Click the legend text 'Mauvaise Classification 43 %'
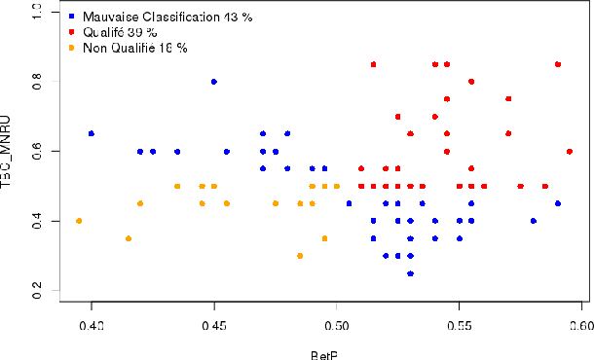pos(147,18)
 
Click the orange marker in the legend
pos(73,47)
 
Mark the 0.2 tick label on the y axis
pos(38,295)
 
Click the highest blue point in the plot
pos(214,82)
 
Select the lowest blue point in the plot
pos(411,273)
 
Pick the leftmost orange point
pos(79,221)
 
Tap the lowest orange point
pos(300,256)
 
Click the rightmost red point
pos(570,151)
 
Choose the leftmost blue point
pos(92,133)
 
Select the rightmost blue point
pos(558,203)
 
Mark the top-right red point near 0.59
pos(558,64)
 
